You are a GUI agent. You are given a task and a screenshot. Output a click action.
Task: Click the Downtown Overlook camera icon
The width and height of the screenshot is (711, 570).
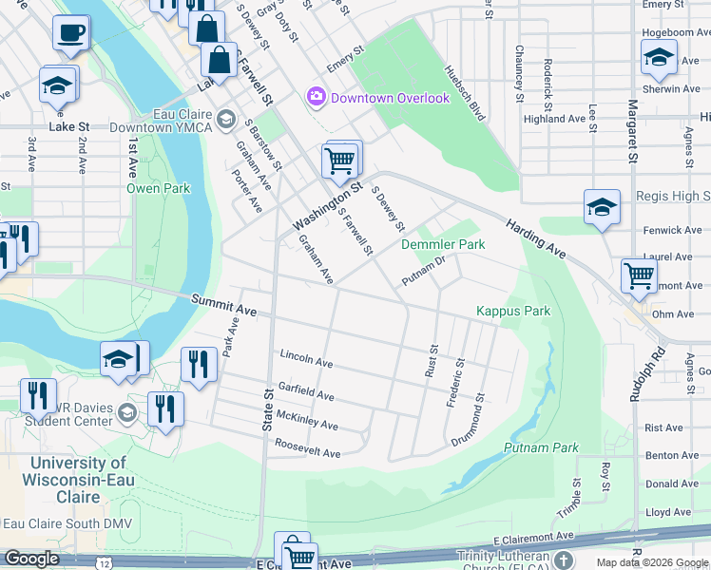pos(316,97)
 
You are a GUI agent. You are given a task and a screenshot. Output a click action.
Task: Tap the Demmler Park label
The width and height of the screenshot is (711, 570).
pos(443,244)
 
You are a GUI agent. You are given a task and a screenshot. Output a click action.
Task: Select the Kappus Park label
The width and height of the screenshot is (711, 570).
pos(513,311)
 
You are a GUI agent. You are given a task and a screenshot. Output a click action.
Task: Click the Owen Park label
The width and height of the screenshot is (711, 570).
pos(159,188)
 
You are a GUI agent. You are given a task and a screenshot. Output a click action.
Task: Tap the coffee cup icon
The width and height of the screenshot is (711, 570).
pos(71,35)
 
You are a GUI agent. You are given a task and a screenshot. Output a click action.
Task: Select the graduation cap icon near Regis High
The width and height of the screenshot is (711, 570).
pos(602,208)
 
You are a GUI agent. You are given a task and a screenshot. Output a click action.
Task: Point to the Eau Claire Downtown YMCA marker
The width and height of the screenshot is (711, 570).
pos(226,119)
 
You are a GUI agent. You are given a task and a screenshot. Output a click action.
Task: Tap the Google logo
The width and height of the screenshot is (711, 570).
pos(31,559)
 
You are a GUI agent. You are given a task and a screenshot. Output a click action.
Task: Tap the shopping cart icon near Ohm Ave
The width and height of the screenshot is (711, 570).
pos(639,276)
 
